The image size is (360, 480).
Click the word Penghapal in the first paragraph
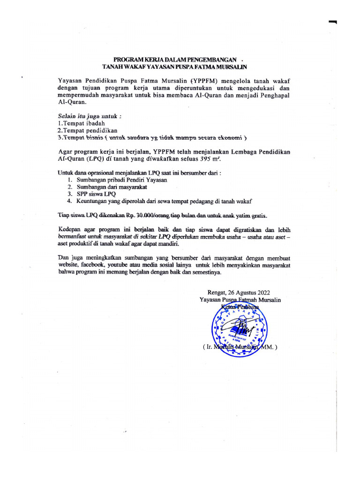click(x=271, y=95)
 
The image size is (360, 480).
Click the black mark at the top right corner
click(x=333, y=22)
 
